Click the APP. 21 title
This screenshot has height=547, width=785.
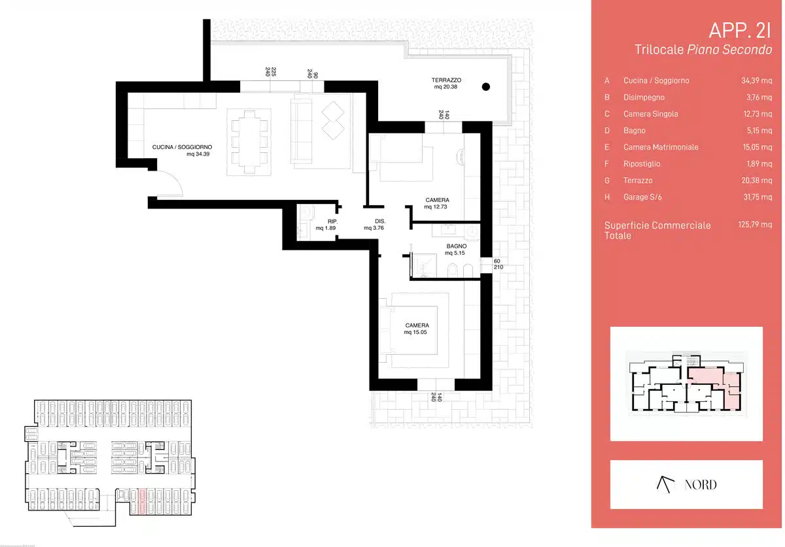click(x=740, y=31)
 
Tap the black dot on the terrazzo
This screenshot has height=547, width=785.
click(x=485, y=86)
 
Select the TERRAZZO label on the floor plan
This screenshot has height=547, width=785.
click(x=446, y=80)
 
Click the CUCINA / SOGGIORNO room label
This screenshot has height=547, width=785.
click(x=182, y=147)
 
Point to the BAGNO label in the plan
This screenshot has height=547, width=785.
click(x=457, y=246)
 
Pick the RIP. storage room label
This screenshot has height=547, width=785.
click(x=332, y=222)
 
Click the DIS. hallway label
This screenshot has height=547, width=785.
click(x=380, y=222)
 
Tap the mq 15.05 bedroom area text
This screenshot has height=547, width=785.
click(x=415, y=333)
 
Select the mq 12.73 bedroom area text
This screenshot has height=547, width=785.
click(x=435, y=207)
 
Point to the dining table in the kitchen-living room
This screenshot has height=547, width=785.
click(x=249, y=142)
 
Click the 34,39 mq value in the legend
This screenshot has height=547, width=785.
click(x=756, y=80)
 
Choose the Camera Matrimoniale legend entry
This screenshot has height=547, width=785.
click(x=661, y=147)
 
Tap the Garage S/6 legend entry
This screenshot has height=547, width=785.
click(x=642, y=197)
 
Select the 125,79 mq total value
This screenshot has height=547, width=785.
click(x=755, y=224)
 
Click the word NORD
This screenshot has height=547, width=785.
click(x=701, y=485)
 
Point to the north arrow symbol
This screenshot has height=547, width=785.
click(x=665, y=484)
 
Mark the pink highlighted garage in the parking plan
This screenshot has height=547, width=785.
click(x=143, y=501)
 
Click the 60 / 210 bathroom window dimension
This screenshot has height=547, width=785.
click(x=498, y=264)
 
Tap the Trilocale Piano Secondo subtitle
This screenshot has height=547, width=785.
click(x=703, y=50)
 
